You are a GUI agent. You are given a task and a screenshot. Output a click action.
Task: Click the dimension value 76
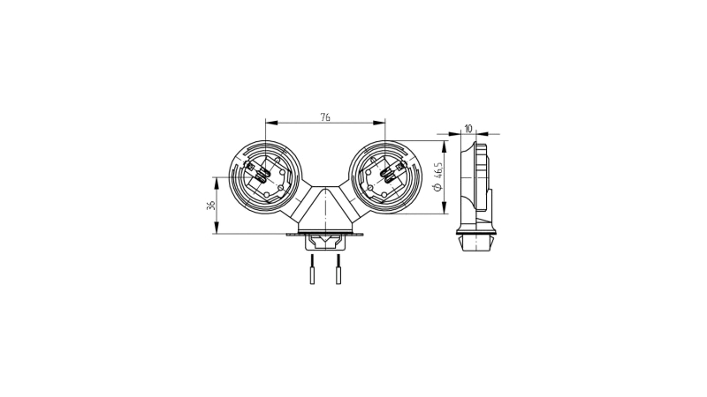(325, 117)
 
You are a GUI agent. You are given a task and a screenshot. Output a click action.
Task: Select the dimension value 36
(210, 206)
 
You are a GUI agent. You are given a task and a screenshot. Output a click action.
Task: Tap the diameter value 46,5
(439, 172)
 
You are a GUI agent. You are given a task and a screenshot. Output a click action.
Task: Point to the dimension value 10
(468, 129)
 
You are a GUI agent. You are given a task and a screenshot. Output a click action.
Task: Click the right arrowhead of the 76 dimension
(380, 123)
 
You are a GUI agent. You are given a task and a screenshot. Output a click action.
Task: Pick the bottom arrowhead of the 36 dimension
(217, 228)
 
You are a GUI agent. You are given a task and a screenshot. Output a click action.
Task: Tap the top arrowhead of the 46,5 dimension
(445, 146)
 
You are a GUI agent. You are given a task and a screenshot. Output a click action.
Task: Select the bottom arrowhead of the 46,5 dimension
(445, 208)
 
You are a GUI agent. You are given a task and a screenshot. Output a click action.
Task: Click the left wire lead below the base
(312, 269)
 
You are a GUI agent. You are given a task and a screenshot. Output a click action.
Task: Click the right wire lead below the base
(338, 269)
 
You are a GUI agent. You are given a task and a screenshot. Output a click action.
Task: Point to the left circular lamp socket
(265, 177)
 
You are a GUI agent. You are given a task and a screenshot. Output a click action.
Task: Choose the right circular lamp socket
(385, 177)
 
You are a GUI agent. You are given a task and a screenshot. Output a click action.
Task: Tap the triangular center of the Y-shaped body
(325, 206)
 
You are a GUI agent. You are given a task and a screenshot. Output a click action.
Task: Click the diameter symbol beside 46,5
(439, 188)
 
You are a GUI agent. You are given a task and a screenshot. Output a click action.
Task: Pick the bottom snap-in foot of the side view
(475, 242)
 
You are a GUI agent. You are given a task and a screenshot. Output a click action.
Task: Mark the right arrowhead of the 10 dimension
(482, 134)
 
